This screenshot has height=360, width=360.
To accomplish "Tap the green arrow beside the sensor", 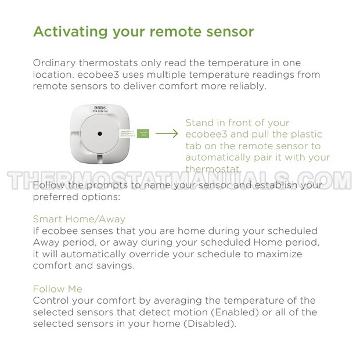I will (x=167, y=134).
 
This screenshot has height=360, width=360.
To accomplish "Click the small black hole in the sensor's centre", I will (x=100, y=134).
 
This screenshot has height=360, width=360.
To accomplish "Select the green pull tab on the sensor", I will (x=143, y=134).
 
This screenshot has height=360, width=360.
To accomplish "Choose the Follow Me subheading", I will (x=57, y=289).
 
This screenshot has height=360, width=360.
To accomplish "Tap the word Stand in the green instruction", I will (x=199, y=123).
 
